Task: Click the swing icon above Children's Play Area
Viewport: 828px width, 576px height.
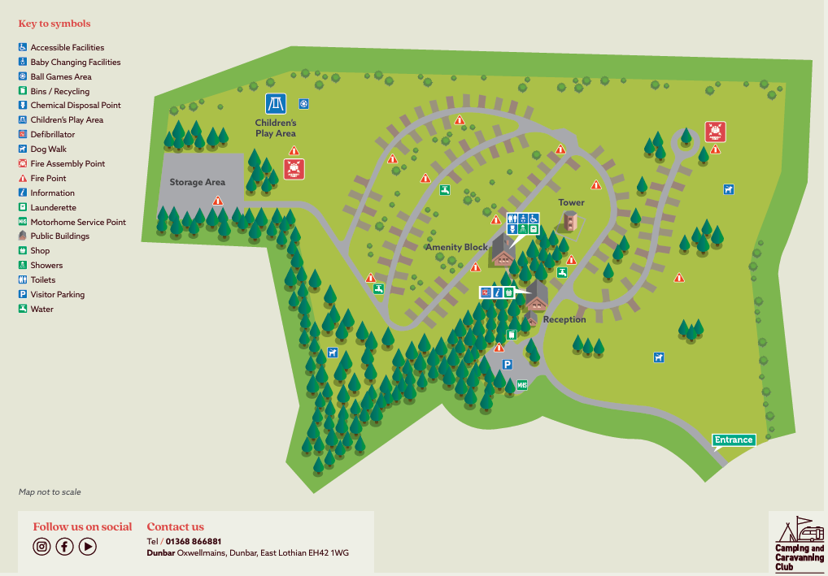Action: pyautogui.click(x=275, y=104)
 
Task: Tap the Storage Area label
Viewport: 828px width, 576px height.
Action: pyautogui.click(x=197, y=182)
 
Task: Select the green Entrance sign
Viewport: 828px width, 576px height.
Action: pyautogui.click(x=734, y=440)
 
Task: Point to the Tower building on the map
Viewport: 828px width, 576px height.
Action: pyautogui.click(x=571, y=221)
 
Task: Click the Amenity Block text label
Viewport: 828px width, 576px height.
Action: pyautogui.click(x=456, y=247)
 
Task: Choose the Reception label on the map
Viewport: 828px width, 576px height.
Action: pyautogui.click(x=564, y=319)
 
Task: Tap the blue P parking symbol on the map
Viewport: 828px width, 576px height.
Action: pyautogui.click(x=507, y=365)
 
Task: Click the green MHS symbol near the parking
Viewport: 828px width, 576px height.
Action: pyautogui.click(x=522, y=384)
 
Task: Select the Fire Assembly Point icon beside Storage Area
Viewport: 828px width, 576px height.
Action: pyautogui.click(x=294, y=168)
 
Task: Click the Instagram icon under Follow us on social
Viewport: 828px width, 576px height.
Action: pyautogui.click(x=42, y=546)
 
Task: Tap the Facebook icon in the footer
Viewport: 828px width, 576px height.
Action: pyautogui.click(x=65, y=546)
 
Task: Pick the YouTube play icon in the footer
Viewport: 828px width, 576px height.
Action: pyautogui.click(x=88, y=546)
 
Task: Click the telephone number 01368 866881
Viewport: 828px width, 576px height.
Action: pyautogui.click(x=194, y=541)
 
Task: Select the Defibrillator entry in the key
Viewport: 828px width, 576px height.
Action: pyautogui.click(x=52, y=134)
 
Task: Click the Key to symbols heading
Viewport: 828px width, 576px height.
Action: pyautogui.click(x=54, y=24)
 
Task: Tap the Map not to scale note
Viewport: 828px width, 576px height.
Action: pyautogui.click(x=50, y=492)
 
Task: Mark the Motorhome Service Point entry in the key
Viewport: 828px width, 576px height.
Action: pyautogui.click(x=77, y=222)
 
